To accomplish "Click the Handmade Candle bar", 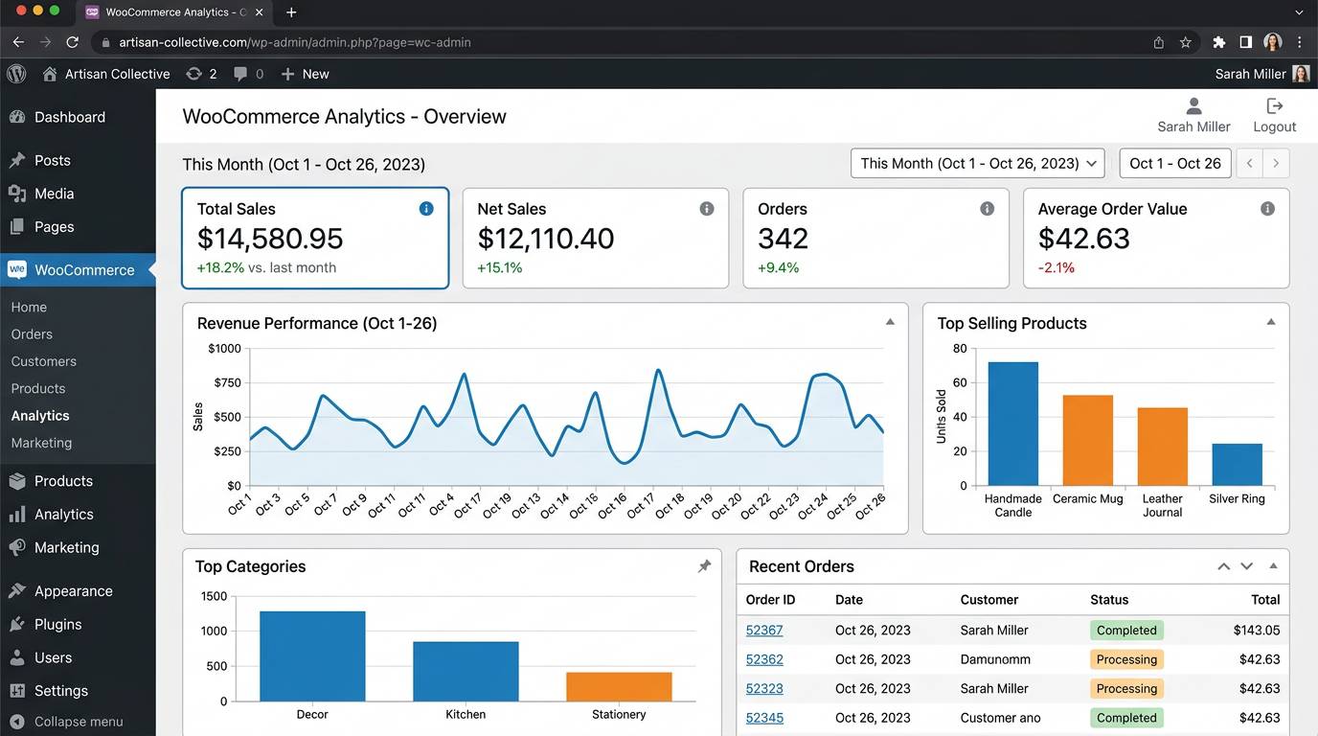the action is coord(1012,424).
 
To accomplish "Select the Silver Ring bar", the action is coord(1237,465).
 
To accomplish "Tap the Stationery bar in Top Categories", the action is coord(619,686).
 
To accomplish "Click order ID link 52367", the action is coord(763,630).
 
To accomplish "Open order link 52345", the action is coord(763,718).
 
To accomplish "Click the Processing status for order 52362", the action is coord(1126,659).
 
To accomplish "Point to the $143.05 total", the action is coord(1257,630).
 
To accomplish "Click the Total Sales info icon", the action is coord(426,208).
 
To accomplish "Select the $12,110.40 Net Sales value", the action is coord(545,239).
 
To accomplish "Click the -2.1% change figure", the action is coord(1057,268).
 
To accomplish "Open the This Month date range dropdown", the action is coord(977,163).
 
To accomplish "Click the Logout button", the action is coord(1274,115).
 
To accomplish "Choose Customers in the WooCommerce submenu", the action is coord(43,361).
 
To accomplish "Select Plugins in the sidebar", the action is coord(57,624).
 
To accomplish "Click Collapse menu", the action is coord(66,722).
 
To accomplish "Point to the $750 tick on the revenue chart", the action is coord(227,382).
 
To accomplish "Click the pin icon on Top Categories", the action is coord(704,566).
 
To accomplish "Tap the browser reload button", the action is coord(73,42).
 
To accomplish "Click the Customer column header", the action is coord(988,599).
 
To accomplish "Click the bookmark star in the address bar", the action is coord(1185,42).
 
